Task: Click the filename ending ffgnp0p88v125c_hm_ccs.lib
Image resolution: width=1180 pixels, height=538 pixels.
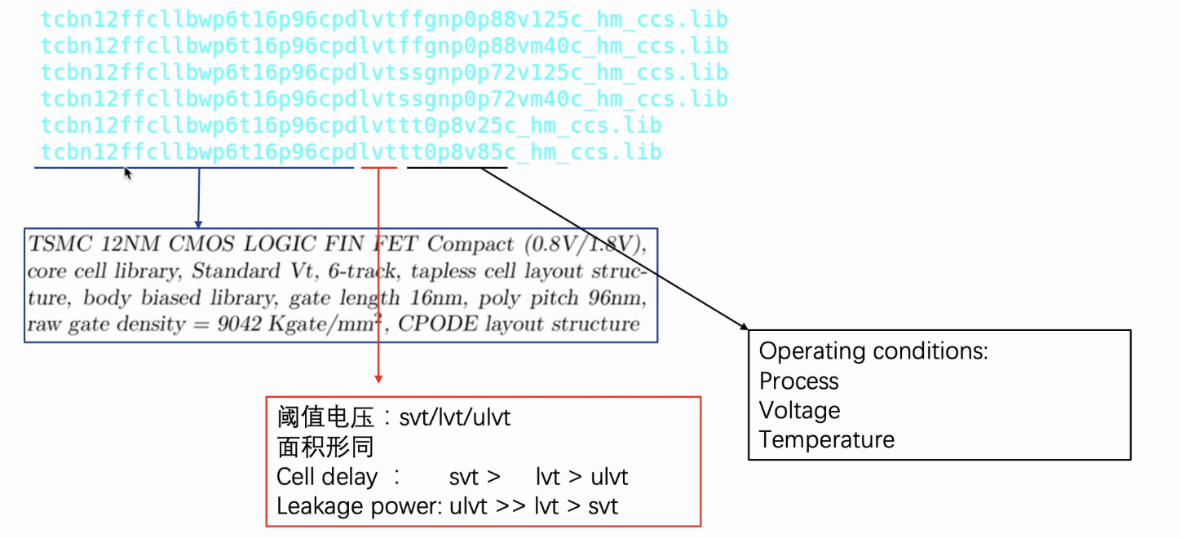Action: [x=383, y=20]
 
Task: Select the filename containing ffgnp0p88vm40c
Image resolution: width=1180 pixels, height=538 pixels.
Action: [x=383, y=46]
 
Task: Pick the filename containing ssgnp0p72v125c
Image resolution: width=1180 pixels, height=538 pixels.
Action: [x=383, y=73]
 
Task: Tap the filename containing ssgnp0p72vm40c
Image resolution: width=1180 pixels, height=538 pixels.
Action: [x=383, y=99]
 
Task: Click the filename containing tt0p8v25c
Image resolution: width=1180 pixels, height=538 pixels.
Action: [x=351, y=126]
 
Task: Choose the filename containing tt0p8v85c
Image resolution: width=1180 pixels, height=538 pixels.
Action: [x=351, y=152]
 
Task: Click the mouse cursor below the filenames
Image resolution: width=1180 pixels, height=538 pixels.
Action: [x=128, y=173]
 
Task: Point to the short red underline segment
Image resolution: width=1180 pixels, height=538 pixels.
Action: [x=379, y=168]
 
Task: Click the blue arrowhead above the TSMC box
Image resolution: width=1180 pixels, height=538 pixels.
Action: [x=198, y=223]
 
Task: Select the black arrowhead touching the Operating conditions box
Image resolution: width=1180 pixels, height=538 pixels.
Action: [x=744, y=326]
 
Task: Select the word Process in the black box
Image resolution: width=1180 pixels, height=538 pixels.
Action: [x=798, y=381]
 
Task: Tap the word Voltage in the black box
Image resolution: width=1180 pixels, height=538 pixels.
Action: [x=799, y=410]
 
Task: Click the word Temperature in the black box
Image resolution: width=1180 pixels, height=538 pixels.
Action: [x=826, y=439]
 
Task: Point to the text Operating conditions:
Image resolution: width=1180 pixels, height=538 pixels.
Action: [x=873, y=351]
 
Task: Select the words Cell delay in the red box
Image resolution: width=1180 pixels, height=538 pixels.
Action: [x=327, y=477]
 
